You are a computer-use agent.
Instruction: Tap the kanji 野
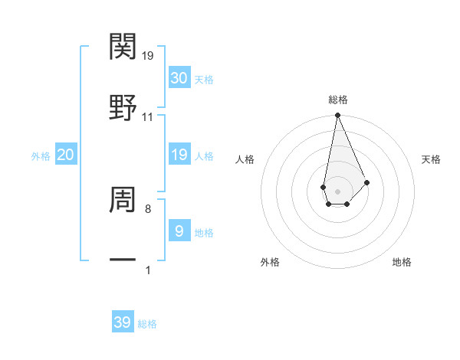click(123, 105)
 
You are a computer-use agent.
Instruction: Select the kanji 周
click(123, 200)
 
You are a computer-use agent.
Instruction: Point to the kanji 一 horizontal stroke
click(123, 261)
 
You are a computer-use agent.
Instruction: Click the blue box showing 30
click(179, 78)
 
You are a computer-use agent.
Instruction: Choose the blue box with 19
click(179, 155)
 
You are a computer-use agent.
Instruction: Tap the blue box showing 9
click(179, 231)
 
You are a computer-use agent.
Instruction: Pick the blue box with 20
click(65, 155)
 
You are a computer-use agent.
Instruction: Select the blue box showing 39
click(122, 322)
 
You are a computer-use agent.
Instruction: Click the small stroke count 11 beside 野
click(148, 117)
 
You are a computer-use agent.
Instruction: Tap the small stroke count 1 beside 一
click(148, 270)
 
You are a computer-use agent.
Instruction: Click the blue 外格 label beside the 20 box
click(41, 155)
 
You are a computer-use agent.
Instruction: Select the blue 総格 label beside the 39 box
click(147, 324)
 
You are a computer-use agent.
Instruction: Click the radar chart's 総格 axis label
click(338, 100)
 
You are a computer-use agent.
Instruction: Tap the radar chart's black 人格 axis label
click(245, 159)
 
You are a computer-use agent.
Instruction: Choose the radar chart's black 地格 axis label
click(402, 262)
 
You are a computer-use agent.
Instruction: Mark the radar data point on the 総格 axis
click(337, 116)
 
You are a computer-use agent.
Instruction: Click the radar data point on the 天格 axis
click(366, 182)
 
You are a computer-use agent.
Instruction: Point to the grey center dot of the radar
click(337, 190)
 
